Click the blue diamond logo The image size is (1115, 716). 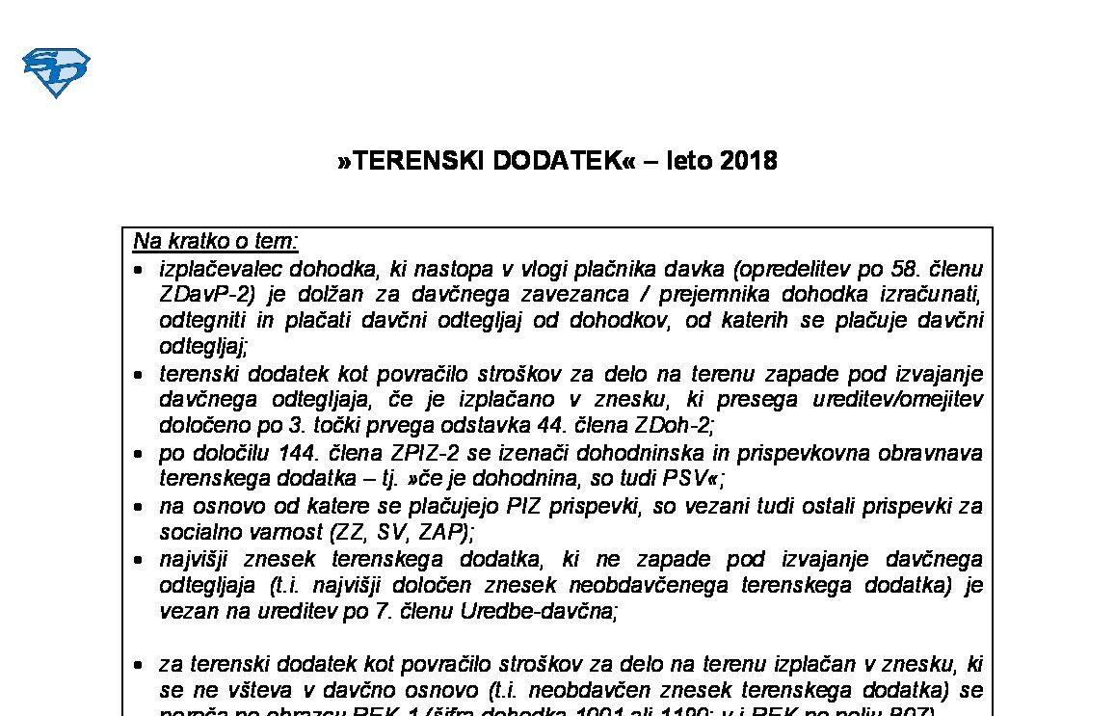[x=55, y=72]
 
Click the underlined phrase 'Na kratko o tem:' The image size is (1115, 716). [x=216, y=241]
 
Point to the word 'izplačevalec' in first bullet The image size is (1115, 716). [x=217, y=268]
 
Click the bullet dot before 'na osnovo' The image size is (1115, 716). [x=140, y=506]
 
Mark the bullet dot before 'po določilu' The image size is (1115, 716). [x=140, y=453]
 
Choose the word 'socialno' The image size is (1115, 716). [x=196, y=531]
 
